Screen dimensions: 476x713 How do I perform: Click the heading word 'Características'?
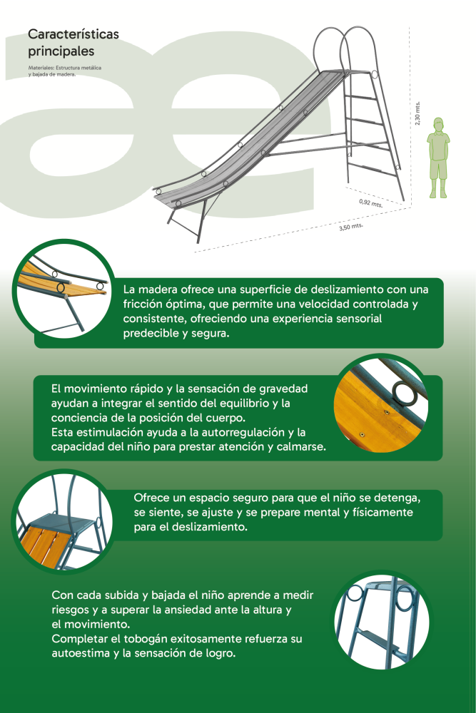74,34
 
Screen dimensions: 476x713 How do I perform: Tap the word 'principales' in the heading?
61,51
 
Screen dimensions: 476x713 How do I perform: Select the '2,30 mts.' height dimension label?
417,113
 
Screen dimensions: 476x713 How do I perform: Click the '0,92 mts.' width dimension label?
371,202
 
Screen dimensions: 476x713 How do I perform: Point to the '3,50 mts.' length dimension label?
351,227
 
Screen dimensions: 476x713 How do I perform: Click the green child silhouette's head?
438,124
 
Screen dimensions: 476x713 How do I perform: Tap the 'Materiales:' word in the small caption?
41,68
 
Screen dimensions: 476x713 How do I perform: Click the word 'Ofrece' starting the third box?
150,498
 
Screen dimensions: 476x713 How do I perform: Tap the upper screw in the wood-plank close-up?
386,412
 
